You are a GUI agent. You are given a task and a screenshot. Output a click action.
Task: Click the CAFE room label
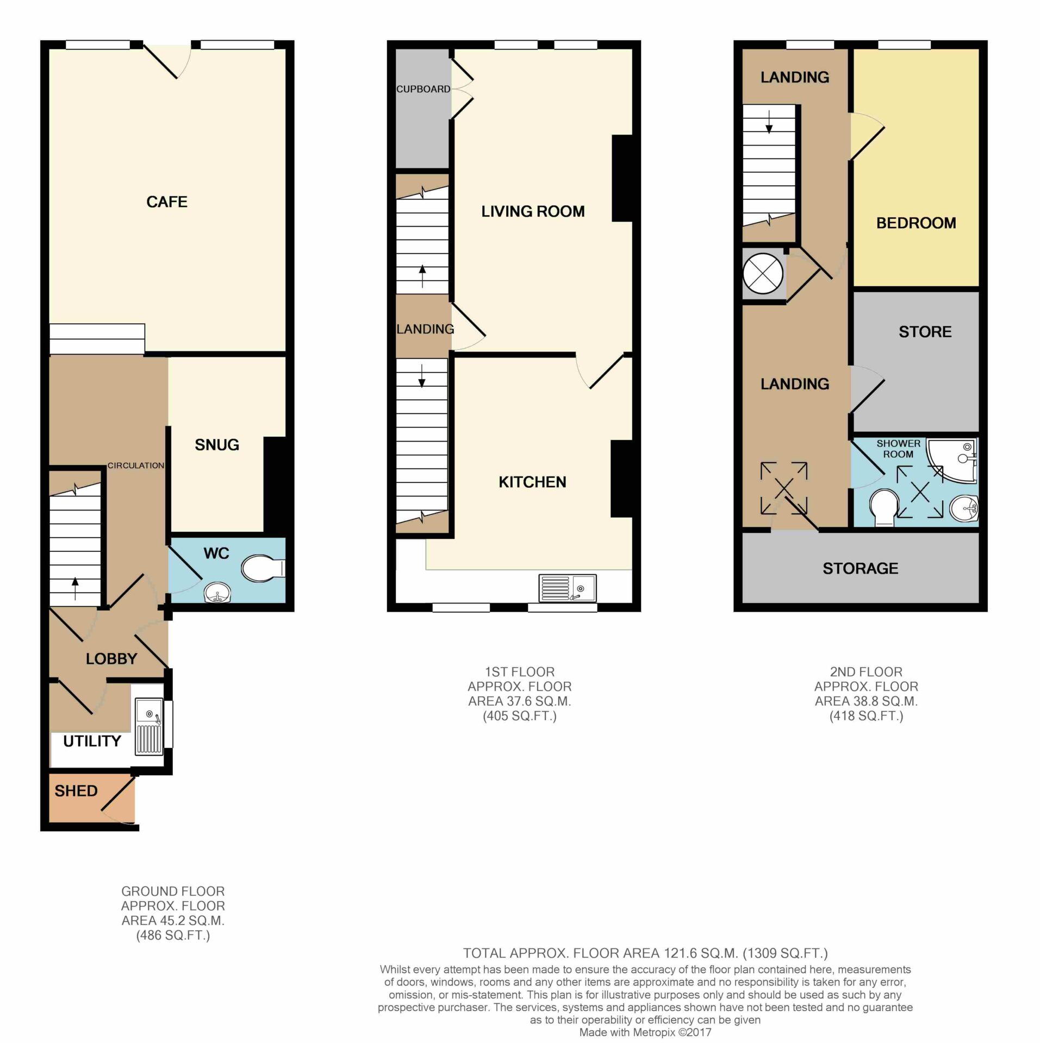pyautogui.click(x=167, y=202)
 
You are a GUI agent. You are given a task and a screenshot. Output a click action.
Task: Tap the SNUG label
pyautogui.click(x=217, y=445)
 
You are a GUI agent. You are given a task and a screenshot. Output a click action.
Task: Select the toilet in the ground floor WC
pyautogui.click(x=263, y=569)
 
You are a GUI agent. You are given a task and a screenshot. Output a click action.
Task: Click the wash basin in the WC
pyautogui.click(x=217, y=593)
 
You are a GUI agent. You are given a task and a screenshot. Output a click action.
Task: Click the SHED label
pyautogui.click(x=76, y=791)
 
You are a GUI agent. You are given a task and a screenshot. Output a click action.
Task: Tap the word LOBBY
pyautogui.click(x=111, y=659)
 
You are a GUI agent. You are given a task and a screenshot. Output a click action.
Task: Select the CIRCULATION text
pyautogui.click(x=135, y=466)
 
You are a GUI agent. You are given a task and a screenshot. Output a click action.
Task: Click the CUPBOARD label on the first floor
pyautogui.click(x=423, y=89)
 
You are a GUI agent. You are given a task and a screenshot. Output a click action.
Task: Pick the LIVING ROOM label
pyautogui.click(x=533, y=211)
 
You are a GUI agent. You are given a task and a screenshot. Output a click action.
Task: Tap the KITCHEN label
pyautogui.click(x=532, y=482)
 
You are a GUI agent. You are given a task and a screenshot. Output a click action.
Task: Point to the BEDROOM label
pyautogui.click(x=916, y=223)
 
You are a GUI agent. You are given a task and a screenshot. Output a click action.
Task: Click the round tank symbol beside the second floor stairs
pyautogui.click(x=763, y=273)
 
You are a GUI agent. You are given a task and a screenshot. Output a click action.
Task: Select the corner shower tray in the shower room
pyautogui.click(x=951, y=460)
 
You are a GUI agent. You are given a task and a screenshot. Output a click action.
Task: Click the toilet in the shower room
pyautogui.click(x=884, y=508)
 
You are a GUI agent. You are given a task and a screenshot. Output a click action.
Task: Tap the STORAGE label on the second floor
pyautogui.click(x=860, y=569)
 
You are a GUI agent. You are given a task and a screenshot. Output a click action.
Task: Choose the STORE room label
pyautogui.click(x=925, y=332)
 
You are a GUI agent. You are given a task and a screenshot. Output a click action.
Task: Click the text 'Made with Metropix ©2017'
pyautogui.click(x=645, y=1033)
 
